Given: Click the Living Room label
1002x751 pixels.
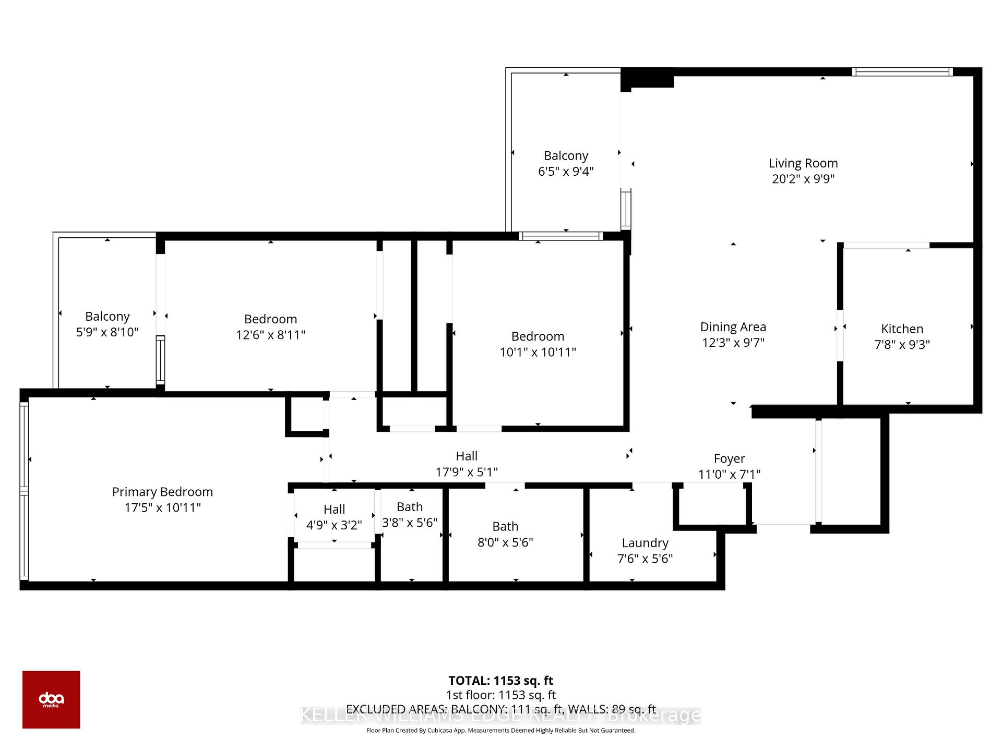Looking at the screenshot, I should pyautogui.click(x=803, y=163).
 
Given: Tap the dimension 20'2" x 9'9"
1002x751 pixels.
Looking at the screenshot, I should pyautogui.click(x=803, y=179).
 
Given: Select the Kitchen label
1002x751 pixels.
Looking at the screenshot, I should pyautogui.click(x=902, y=329).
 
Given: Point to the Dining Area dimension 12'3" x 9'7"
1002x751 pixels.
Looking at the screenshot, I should pyautogui.click(x=733, y=343).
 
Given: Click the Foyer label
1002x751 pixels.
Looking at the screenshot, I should pyautogui.click(x=729, y=459).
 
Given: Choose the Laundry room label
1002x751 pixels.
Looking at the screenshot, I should pyautogui.click(x=645, y=543).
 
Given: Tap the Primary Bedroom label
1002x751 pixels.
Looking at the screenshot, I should pyautogui.click(x=162, y=492).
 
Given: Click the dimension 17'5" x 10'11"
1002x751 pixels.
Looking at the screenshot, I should pyautogui.click(x=162, y=507).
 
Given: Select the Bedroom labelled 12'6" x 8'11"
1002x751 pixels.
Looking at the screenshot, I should pyautogui.click(x=270, y=319).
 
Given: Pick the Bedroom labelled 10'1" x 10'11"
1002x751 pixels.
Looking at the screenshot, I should pyautogui.click(x=538, y=336).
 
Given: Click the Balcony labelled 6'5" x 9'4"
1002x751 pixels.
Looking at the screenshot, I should pyautogui.click(x=566, y=156).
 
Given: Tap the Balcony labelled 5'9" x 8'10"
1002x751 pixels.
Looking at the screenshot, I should pyautogui.click(x=107, y=317).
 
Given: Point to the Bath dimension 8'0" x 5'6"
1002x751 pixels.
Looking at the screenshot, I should pyautogui.click(x=505, y=542).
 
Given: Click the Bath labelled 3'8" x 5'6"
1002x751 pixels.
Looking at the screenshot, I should pyautogui.click(x=410, y=507).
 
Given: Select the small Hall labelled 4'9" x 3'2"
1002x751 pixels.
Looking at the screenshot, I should pyautogui.click(x=334, y=510).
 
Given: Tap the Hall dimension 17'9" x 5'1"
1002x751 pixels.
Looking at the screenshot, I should pyautogui.click(x=467, y=472).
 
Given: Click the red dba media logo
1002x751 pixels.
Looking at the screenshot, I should pyautogui.click(x=51, y=699).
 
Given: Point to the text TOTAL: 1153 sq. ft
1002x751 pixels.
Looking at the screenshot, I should pyautogui.click(x=500, y=681).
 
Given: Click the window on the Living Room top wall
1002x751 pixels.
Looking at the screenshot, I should pyautogui.click(x=902, y=72).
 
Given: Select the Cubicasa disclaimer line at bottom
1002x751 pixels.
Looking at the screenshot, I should pyautogui.click(x=500, y=731).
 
